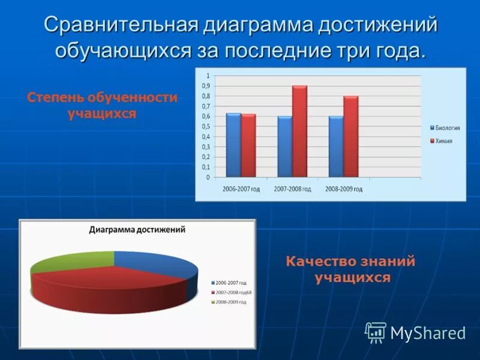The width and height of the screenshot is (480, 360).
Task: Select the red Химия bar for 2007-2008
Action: tap(299, 131)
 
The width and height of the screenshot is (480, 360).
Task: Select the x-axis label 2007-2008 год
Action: tap(293, 188)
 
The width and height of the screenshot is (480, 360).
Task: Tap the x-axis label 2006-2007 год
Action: tap(241, 188)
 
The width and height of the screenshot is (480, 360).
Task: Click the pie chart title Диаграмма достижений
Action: tap(137, 229)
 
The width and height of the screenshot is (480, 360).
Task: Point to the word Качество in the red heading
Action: tap(318, 262)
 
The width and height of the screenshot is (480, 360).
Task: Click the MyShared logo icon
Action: tap(376, 332)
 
